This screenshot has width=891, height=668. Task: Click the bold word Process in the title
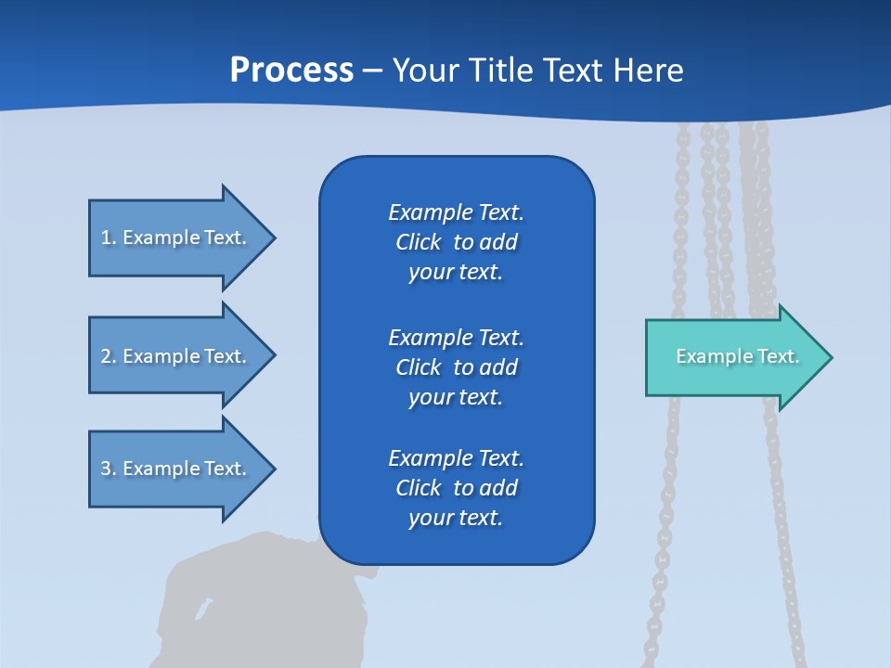[x=291, y=71]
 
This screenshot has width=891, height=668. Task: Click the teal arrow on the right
[x=733, y=357]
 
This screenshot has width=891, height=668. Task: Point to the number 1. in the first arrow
[x=108, y=238]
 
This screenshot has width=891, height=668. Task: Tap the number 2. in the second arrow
[x=108, y=356]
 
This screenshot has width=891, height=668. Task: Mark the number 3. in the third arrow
[x=108, y=469]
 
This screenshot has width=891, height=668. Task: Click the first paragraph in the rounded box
[x=456, y=242]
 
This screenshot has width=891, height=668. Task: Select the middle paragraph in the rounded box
[x=456, y=367]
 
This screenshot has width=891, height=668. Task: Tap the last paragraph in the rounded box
[x=456, y=488]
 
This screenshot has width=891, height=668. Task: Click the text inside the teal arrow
[x=738, y=356]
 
